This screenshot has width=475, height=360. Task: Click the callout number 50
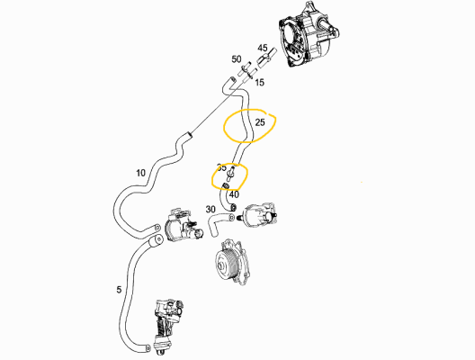236,59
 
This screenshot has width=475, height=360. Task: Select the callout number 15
259,83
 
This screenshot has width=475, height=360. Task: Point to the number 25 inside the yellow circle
260,121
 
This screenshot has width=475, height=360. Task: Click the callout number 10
140,172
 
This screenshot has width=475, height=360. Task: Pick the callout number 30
211,210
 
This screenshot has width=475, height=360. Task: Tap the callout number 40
234,193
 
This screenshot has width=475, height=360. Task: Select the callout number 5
120,290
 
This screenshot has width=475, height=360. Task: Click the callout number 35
221,167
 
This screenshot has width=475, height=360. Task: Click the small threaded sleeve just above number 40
227,185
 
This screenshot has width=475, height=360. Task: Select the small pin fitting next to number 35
233,169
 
